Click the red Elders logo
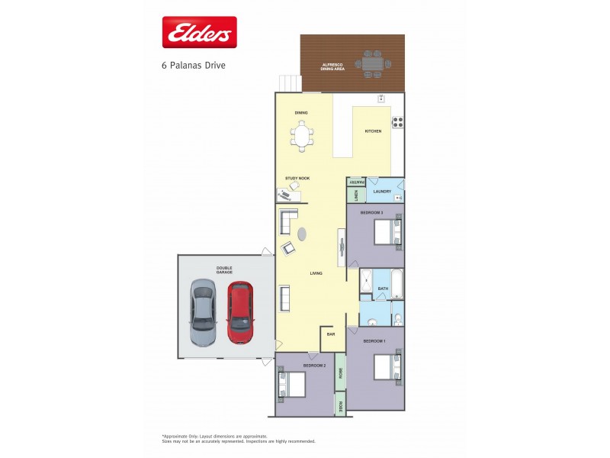point(199,32)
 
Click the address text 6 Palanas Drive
point(193,66)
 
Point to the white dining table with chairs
point(301,137)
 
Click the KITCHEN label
point(373,131)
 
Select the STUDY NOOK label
point(297,178)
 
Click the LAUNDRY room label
point(382,191)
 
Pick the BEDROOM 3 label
point(371,211)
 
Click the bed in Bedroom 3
point(387,231)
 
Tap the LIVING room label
point(316,273)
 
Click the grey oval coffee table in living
point(302,233)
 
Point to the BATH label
point(384,289)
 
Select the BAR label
point(331,334)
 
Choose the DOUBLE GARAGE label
point(224,270)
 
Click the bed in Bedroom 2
point(293,383)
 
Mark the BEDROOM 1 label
point(374,340)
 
